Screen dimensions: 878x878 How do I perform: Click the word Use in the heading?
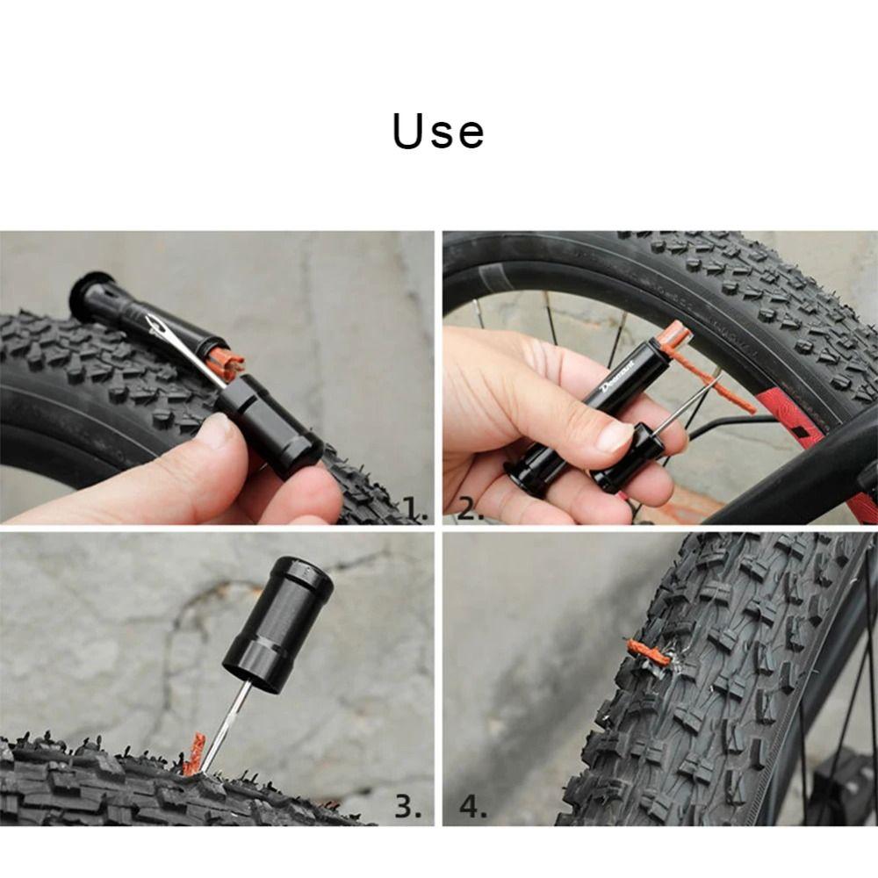tap(438, 132)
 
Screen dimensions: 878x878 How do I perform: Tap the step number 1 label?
tap(414, 507)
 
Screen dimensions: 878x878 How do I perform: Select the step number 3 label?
tap(407, 806)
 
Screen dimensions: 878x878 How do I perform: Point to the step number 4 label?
tap(472, 806)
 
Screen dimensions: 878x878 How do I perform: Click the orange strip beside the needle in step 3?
tap(192, 755)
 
